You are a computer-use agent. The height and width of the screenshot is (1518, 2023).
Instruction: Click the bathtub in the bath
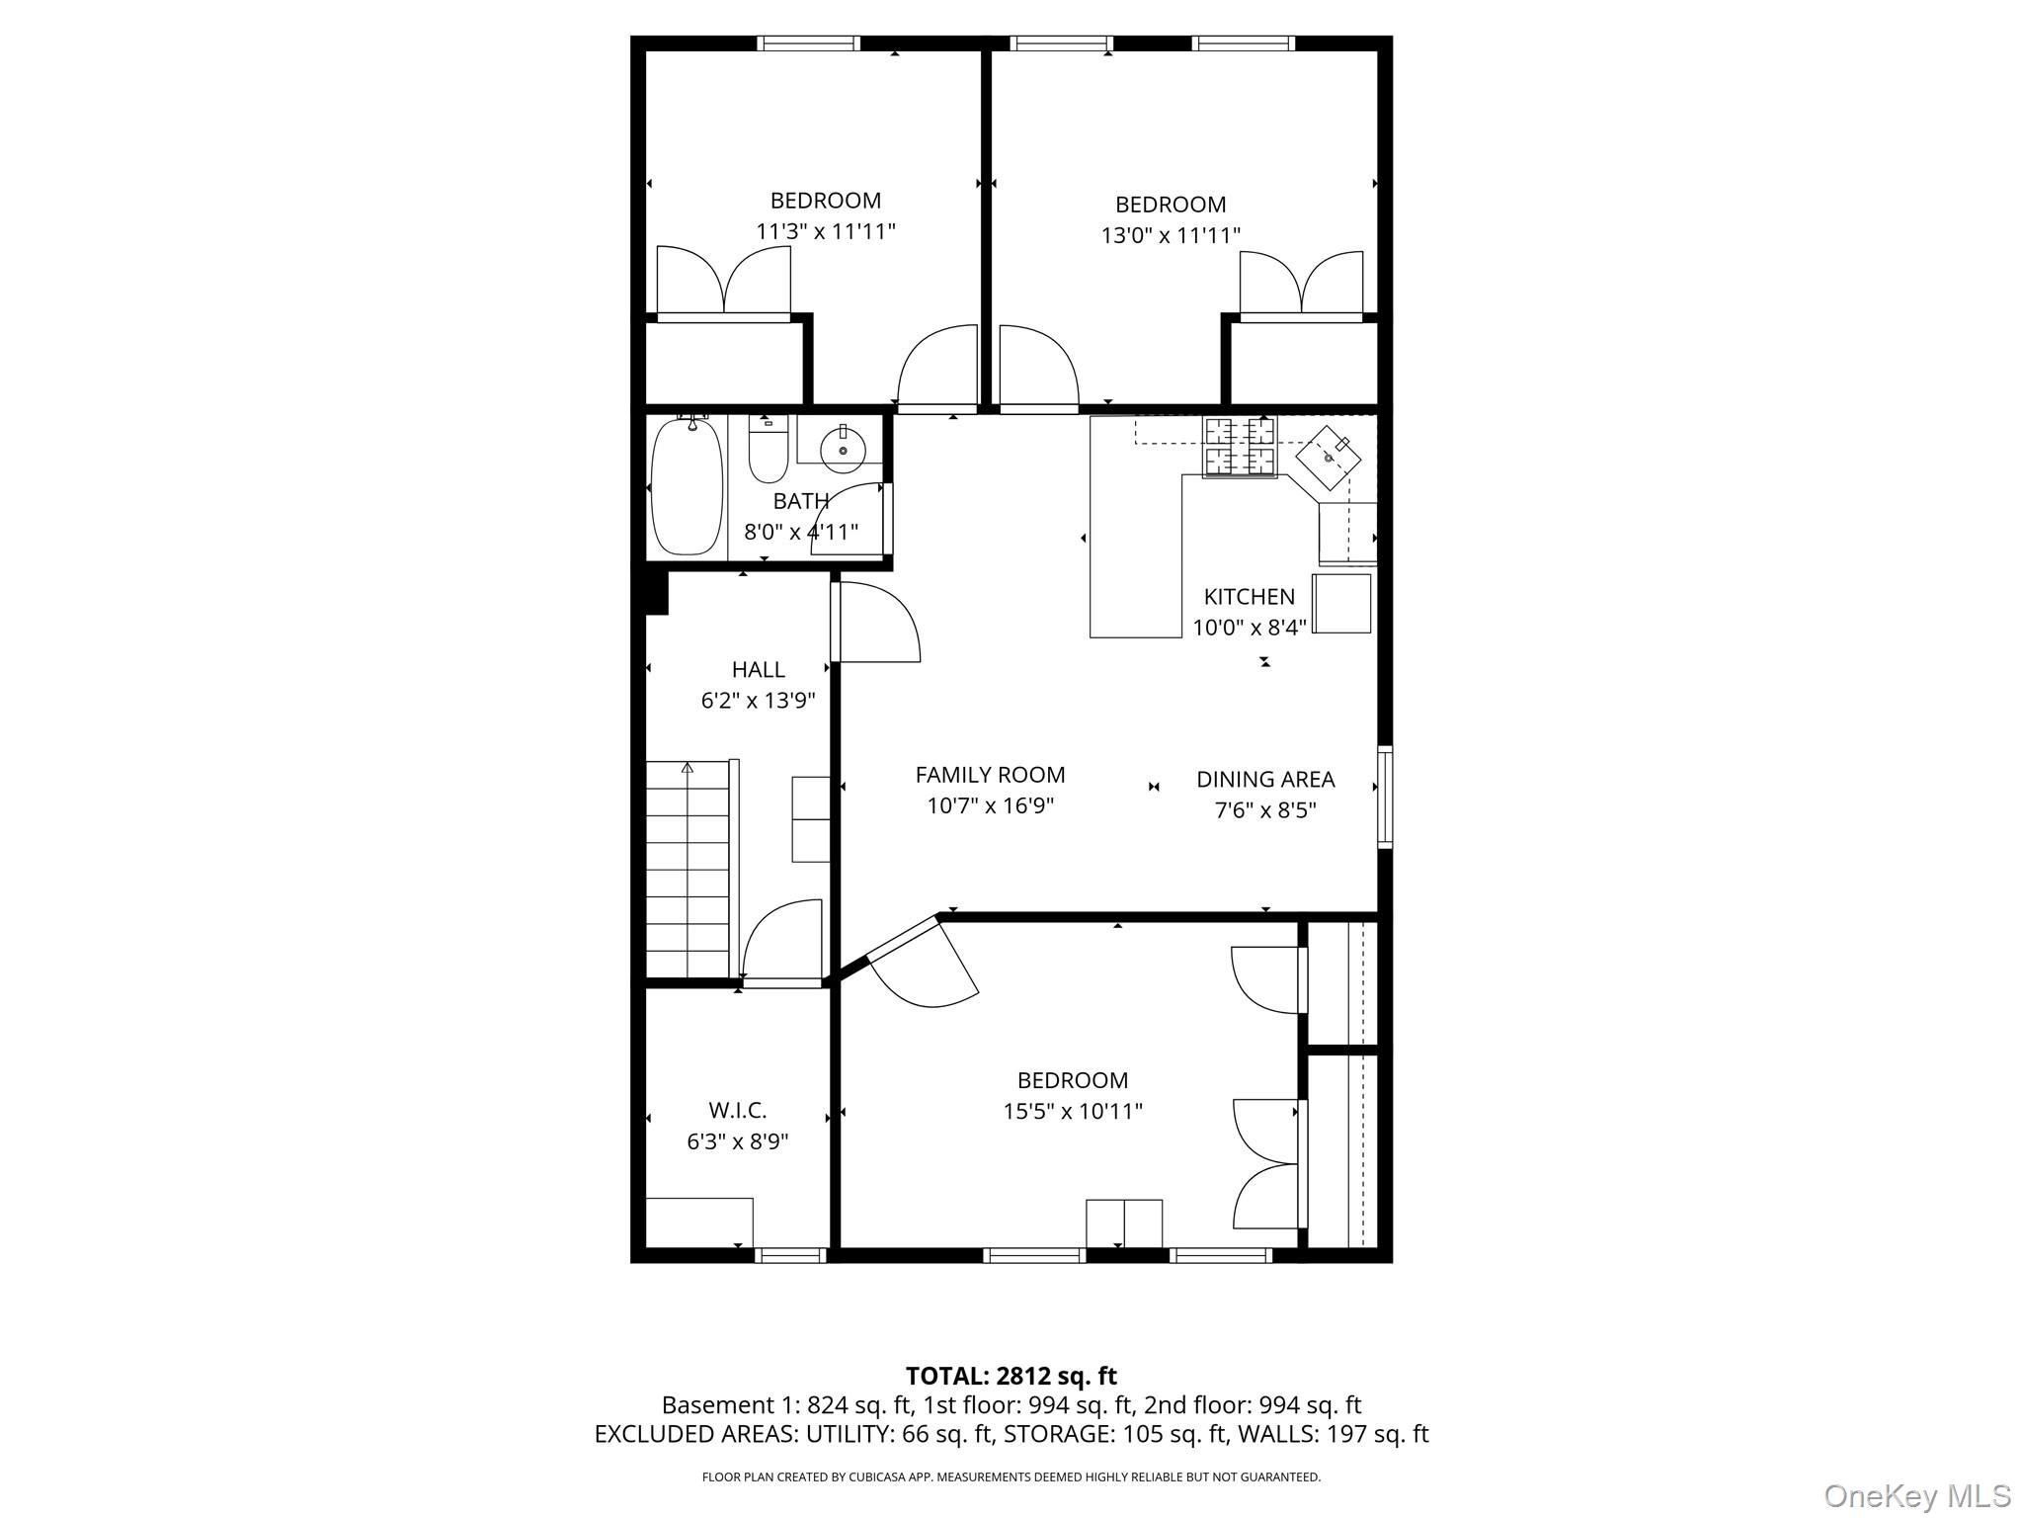point(687,486)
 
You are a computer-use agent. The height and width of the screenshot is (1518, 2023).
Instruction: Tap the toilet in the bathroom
point(768,450)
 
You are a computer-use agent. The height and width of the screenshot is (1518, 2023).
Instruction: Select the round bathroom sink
point(843,451)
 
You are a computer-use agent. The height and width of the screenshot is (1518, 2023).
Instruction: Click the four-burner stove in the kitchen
point(1239,447)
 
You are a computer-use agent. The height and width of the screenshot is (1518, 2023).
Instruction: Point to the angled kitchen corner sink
point(1329,459)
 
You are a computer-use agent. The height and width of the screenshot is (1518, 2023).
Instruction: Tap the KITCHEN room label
point(1249,597)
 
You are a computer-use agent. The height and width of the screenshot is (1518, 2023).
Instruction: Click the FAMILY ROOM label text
point(990,775)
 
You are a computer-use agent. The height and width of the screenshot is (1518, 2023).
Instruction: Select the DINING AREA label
point(1265,780)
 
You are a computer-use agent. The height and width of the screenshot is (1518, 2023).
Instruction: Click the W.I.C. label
point(737,1111)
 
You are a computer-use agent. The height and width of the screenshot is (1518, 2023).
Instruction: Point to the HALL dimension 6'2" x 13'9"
point(758,701)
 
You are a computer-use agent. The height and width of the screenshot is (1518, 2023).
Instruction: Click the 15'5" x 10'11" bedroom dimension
point(1073,1111)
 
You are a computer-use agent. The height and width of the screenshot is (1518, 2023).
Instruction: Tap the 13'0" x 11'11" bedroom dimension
point(1171,235)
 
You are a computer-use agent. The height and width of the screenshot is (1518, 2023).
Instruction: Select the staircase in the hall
point(688,869)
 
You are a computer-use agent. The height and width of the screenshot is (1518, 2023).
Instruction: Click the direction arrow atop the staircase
point(688,768)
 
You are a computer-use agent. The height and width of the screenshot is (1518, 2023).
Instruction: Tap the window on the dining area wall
point(1385,797)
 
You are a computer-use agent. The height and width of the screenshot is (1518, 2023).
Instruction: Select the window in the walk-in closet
point(790,1255)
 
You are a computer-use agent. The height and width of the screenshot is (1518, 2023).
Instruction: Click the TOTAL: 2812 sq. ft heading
point(1011,1376)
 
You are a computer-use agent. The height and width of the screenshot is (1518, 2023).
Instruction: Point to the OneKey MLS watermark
point(1917,1496)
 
